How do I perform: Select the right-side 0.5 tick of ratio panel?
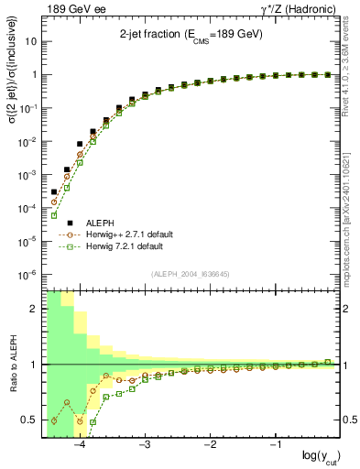click(349, 420)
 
